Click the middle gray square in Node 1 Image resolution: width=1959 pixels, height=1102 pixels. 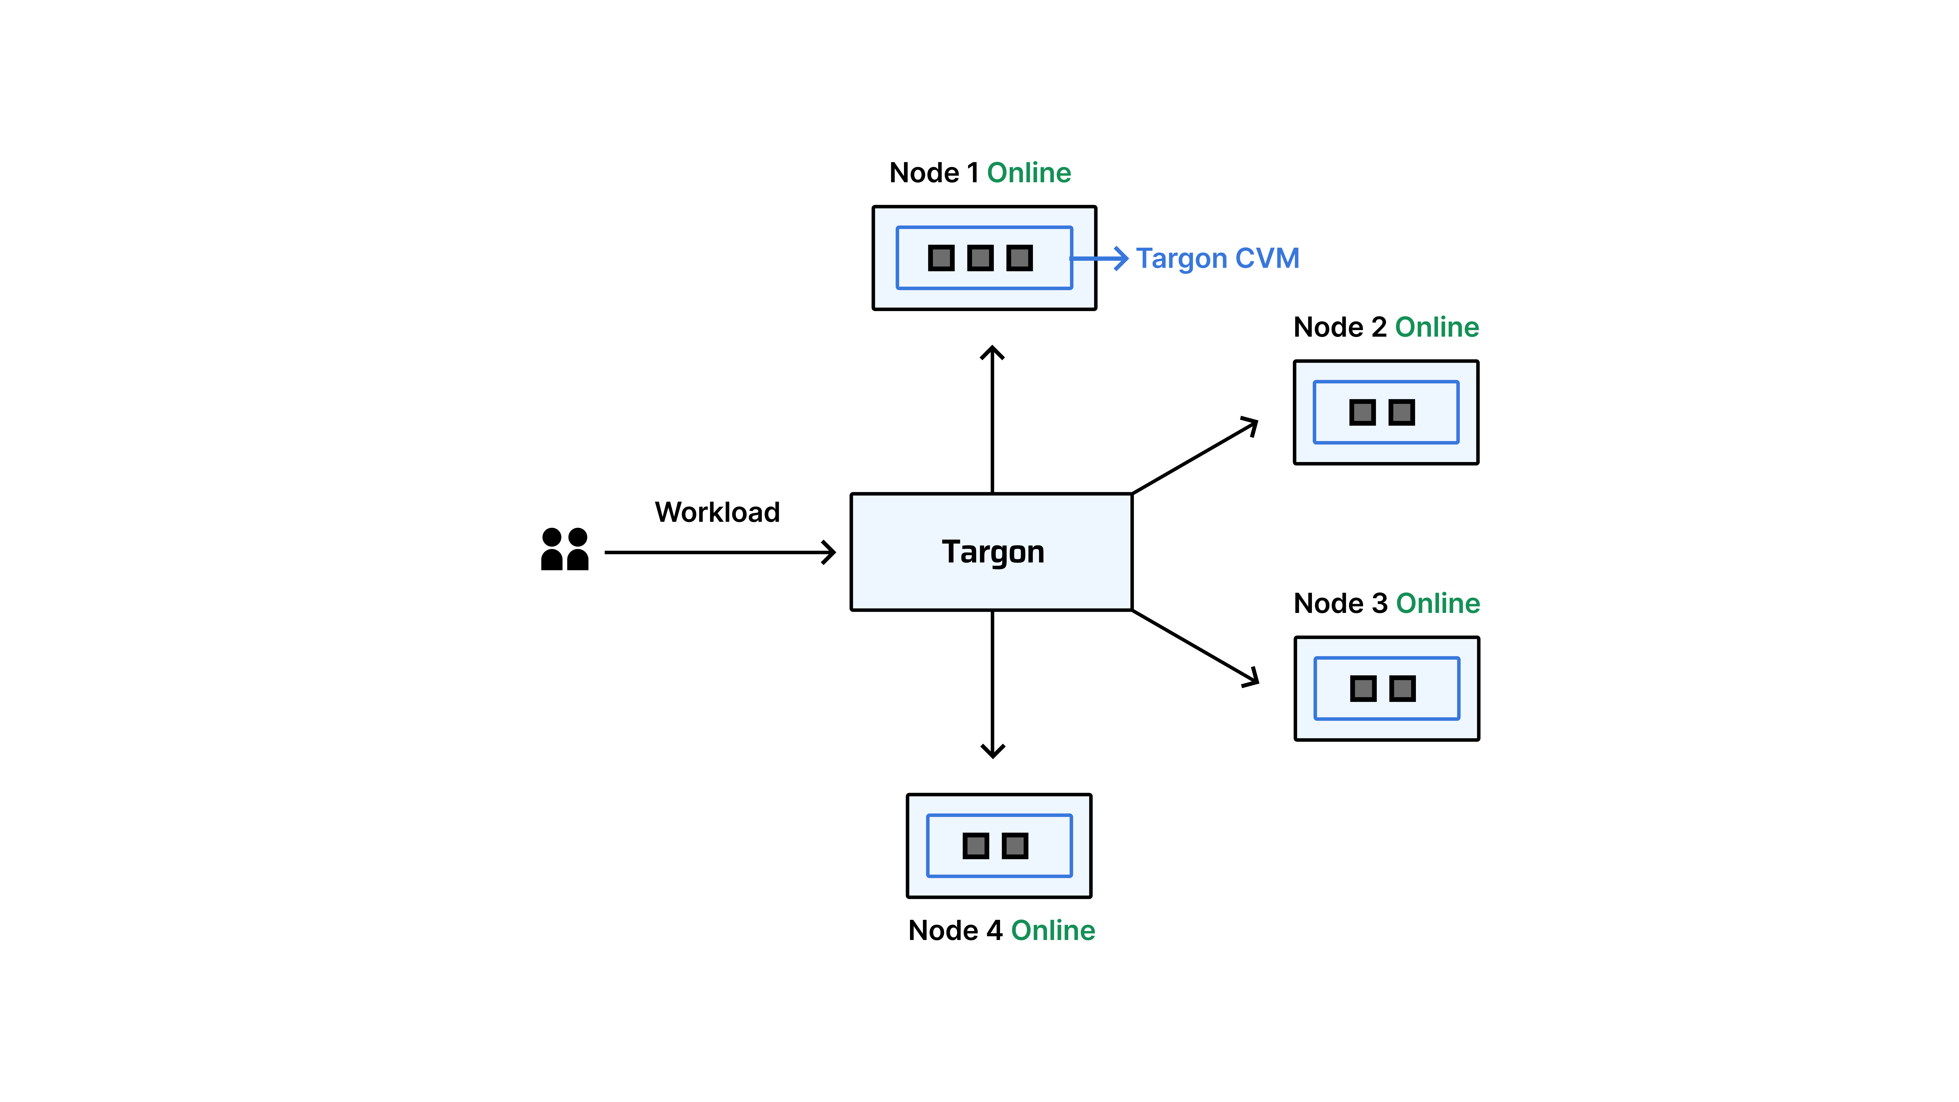coord(980,258)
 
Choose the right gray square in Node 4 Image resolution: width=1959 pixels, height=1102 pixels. coord(1015,846)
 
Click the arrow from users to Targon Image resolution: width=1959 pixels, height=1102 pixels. coord(719,552)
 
